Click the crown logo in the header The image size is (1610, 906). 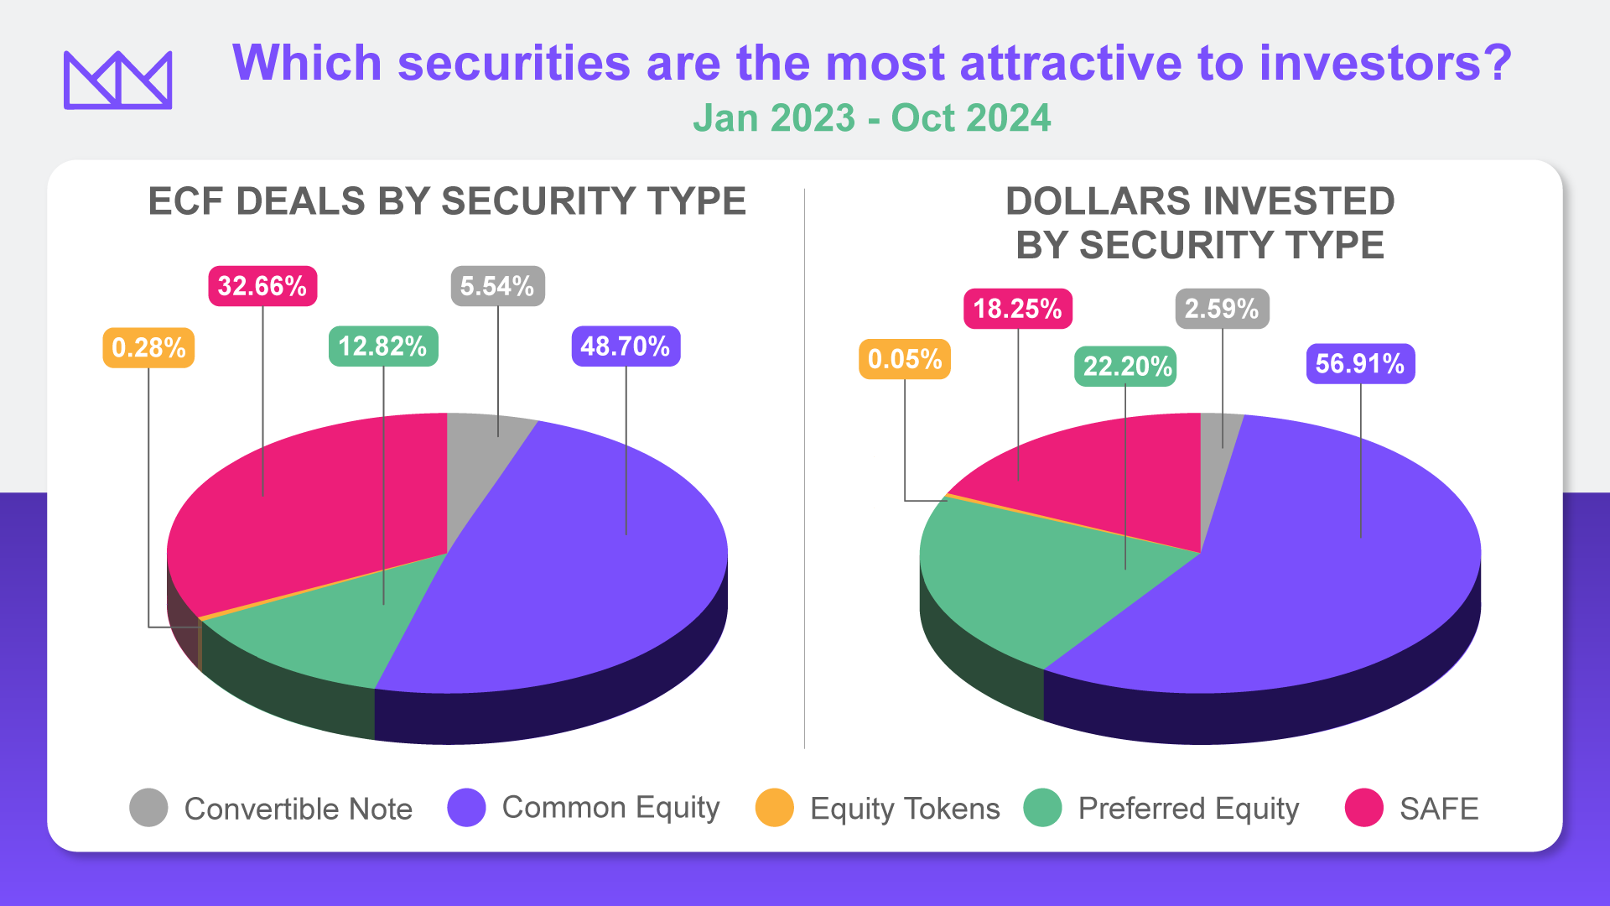[117, 81]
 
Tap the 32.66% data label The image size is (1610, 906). [262, 286]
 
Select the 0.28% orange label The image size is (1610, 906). [148, 347]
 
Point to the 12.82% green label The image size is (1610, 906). [382, 346]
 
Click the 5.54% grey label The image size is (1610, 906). [497, 286]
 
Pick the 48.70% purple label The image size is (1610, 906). [626, 346]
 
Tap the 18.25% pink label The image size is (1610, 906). [1017, 309]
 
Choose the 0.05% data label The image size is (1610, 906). [904, 359]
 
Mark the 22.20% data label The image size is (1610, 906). [1125, 366]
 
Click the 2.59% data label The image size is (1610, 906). [1222, 309]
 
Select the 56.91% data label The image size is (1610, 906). [1360, 363]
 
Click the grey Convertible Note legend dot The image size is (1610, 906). [148, 808]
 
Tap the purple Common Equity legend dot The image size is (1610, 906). [466, 808]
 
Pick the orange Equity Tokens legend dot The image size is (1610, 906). [774, 808]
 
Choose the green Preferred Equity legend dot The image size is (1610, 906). [1042, 808]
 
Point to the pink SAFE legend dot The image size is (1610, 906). [1363, 808]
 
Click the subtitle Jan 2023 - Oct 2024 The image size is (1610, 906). [871, 118]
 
